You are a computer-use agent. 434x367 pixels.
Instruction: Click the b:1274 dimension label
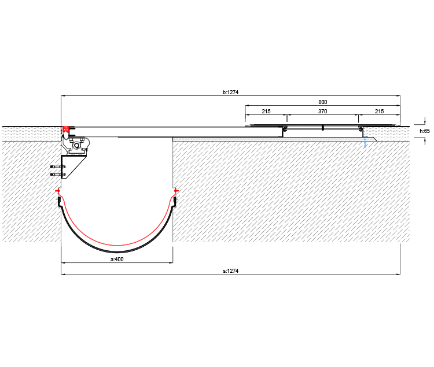click(x=230, y=92)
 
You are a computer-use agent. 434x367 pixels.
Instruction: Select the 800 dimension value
click(x=322, y=102)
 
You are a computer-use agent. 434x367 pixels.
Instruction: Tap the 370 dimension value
click(x=322, y=112)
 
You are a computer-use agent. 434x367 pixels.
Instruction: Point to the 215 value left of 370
click(x=266, y=112)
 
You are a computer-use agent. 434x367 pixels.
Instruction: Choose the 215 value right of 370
click(x=379, y=112)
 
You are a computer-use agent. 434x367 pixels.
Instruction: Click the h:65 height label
click(x=425, y=131)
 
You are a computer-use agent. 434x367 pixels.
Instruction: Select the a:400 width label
click(x=117, y=260)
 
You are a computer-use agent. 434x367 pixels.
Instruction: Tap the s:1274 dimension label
click(x=230, y=271)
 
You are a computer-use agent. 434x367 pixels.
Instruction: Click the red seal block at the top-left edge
click(x=65, y=129)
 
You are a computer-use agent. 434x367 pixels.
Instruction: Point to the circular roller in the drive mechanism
click(x=76, y=146)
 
